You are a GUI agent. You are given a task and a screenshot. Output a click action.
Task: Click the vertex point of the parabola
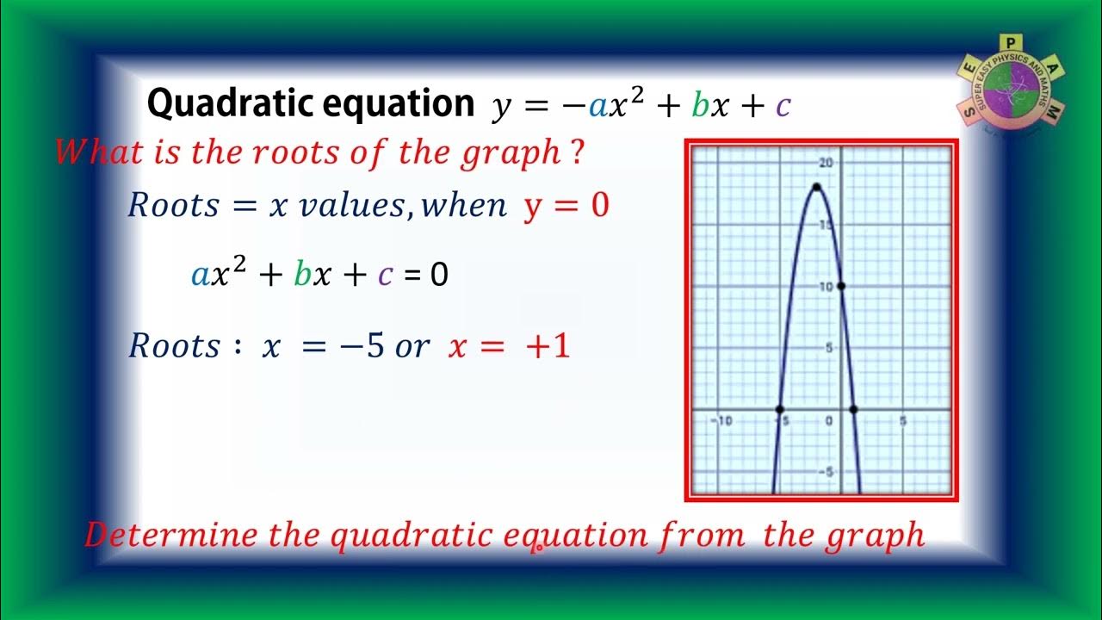pyautogui.click(x=815, y=187)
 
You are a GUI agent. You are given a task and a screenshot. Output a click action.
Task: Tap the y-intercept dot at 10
pyautogui.click(x=840, y=286)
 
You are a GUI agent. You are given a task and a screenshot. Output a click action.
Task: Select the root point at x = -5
pyautogui.click(x=779, y=409)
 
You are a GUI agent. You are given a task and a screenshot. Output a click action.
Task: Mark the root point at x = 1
pyautogui.click(x=853, y=409)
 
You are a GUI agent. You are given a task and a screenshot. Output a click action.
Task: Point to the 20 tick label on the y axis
pyautogui.click(x=826, y=163)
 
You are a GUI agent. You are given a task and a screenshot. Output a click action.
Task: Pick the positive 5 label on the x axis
pyautogui.click(x=902, y=421)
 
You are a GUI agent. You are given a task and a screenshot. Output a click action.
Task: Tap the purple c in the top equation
pyautogui.click(x=783, y=106)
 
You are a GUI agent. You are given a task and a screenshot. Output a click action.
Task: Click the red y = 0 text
pyautogui.click(x=566, y=206)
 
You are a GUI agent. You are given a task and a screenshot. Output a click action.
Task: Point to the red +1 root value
pyautogui.click(x=550, y=346)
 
